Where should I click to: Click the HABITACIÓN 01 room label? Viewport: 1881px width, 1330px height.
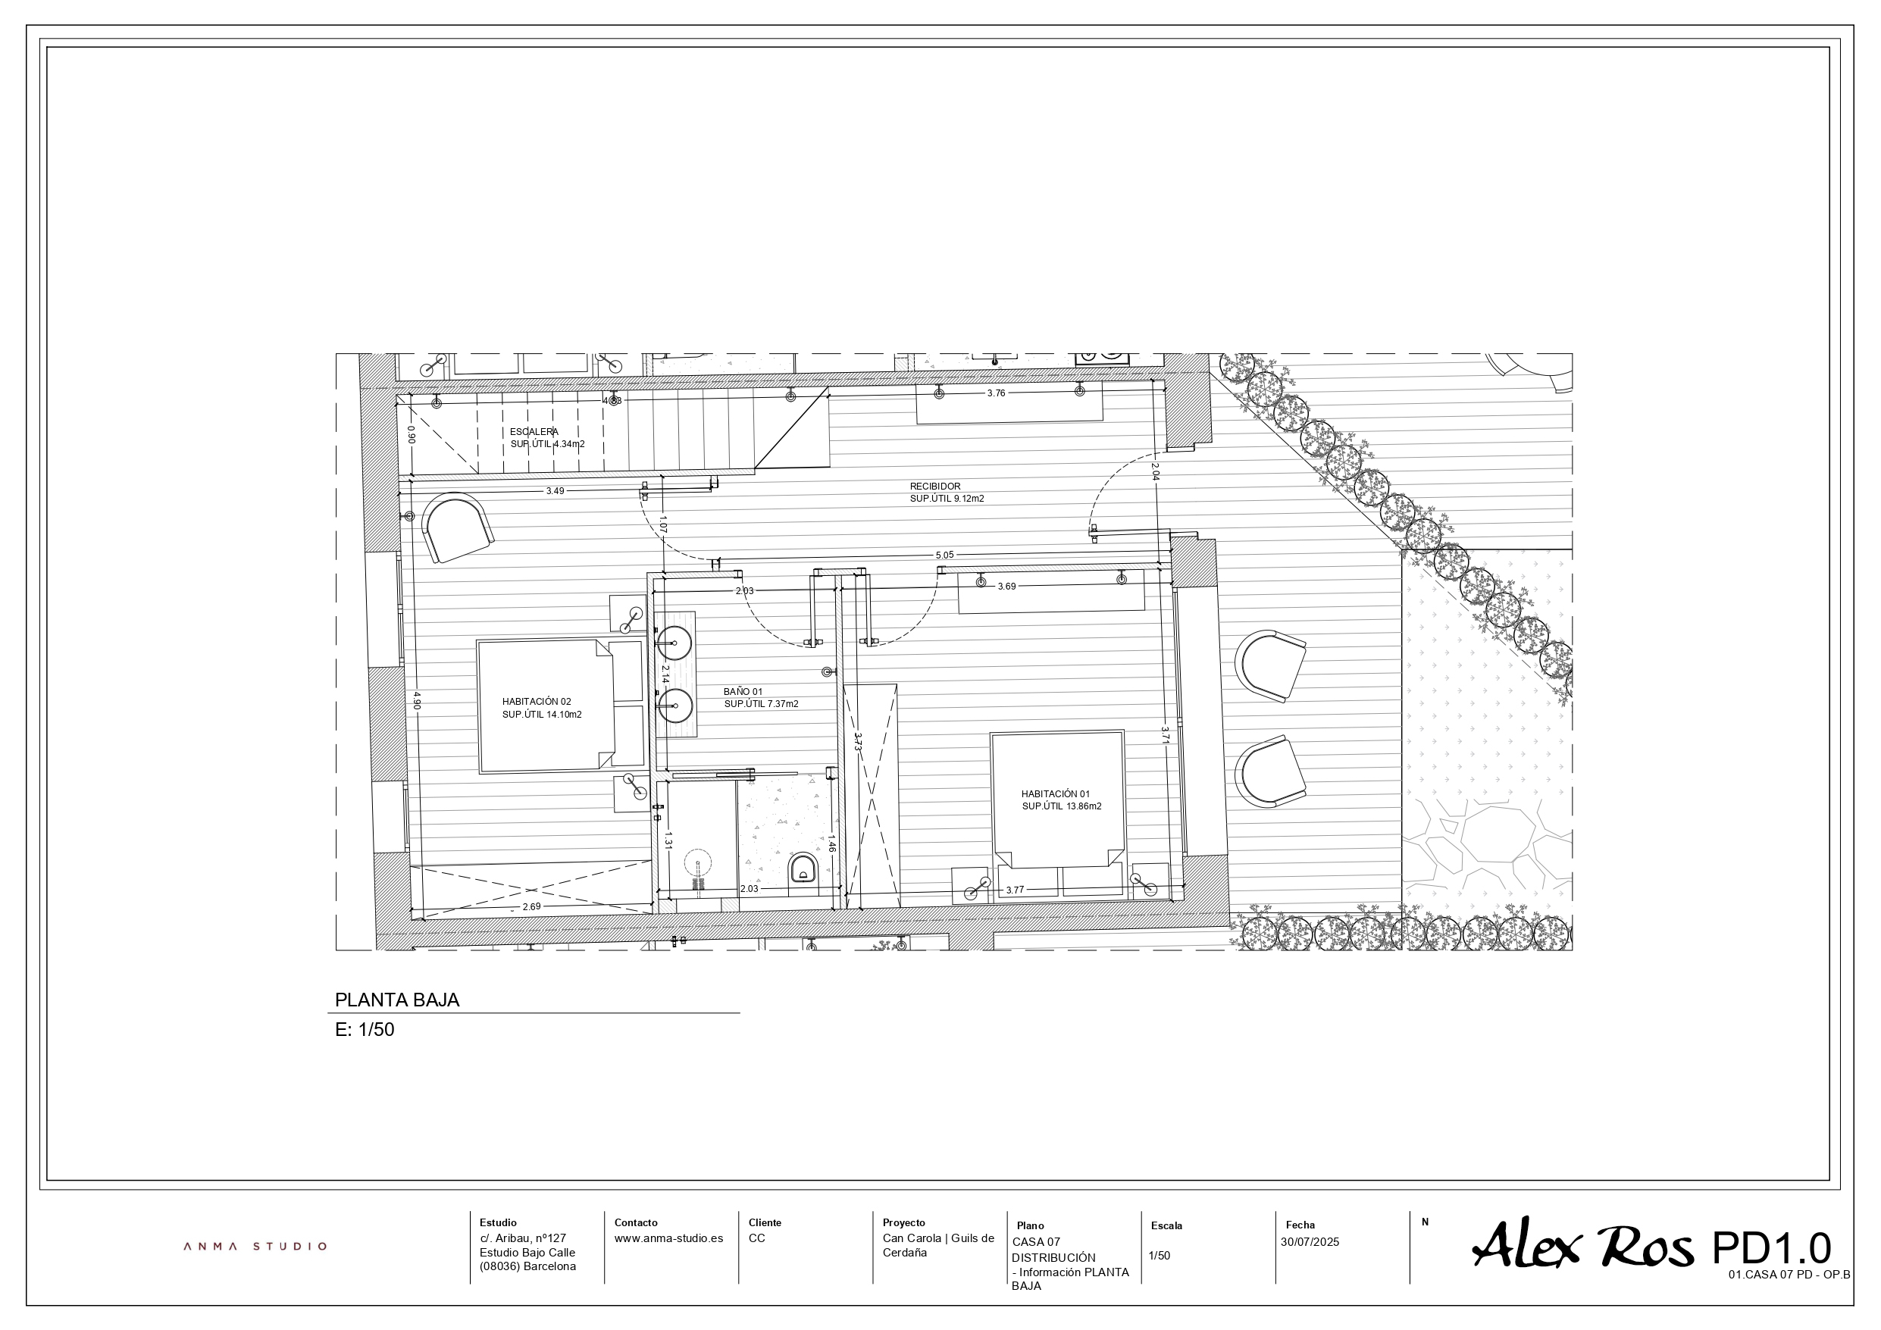coord(1056,793)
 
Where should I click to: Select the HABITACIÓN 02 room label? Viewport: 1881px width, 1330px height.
coord(537,702)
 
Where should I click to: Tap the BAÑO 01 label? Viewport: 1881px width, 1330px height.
coord(743,692)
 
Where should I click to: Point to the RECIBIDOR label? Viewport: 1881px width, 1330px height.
coord(934,487)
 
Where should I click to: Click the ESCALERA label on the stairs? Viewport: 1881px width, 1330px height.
coord(534,432)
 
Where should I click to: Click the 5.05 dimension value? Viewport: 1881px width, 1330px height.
coord(944,555)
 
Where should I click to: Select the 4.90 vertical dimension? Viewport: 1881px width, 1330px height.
coord(416,701)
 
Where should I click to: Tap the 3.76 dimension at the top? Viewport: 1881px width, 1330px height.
coord(997,393)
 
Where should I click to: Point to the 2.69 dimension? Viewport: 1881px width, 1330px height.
coord(532,906)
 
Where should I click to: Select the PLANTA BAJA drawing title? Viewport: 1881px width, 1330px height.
coord(397,1000)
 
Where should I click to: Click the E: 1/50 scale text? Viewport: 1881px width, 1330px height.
coord(365,1030)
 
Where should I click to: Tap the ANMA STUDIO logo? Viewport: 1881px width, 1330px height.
coord(255,1247)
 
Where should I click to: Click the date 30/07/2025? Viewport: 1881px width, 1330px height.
coord(1310,1242)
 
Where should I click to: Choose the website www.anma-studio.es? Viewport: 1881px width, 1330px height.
coord(668,1238)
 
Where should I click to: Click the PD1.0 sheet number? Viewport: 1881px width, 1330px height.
coord(1770,1248)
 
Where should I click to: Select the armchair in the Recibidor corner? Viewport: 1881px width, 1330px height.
coord(458,527)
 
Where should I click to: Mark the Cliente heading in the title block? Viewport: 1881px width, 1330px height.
coord(765,1222)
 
